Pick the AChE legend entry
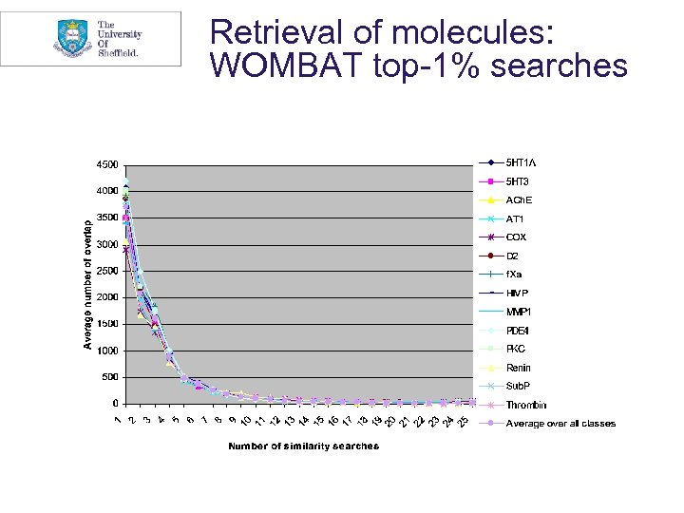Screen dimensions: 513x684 (519, 200)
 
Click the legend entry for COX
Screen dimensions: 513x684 (516, 237)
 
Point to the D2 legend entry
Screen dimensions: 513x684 (513, 256)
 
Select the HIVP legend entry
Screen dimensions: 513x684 (517, 293)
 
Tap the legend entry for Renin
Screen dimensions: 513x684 (518, 368)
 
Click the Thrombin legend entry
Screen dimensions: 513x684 (524, 405)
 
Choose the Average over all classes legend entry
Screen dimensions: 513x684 (560, 424)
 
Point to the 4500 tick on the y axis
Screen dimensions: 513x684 (106, 164)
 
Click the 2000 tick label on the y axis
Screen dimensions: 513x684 (106, 297)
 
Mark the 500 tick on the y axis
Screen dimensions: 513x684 (109, 377)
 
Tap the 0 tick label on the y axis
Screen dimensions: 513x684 (115, 404)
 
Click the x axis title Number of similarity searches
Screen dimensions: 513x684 (303, 446)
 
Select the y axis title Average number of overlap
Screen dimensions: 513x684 (88, 284)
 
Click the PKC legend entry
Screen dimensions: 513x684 (516, 349)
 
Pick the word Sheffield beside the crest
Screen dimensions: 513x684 (118, 53)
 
